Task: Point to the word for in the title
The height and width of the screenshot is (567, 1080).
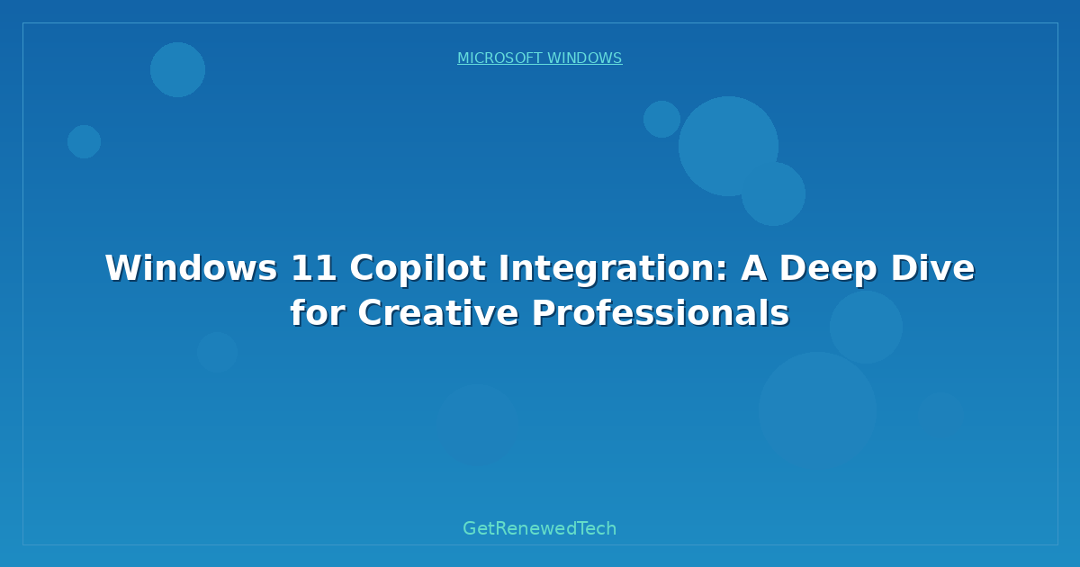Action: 317,313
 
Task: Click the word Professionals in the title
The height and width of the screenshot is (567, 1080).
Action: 660,313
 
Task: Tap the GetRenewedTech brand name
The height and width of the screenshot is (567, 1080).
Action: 539,529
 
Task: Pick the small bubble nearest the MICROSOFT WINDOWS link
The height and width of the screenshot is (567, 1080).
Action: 661,119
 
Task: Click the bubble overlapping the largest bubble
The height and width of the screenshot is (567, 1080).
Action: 773,193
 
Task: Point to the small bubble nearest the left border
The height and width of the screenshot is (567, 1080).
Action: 84,141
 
